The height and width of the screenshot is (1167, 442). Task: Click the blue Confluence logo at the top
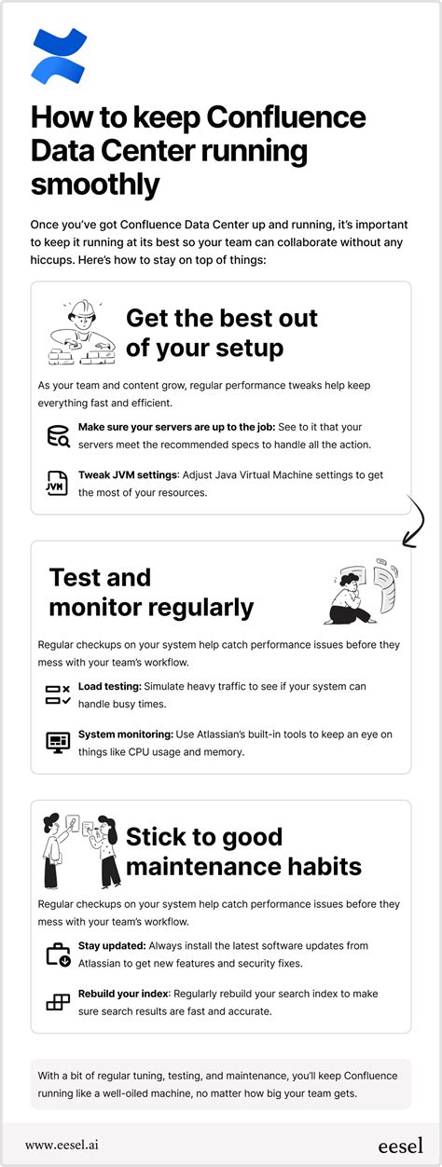[58, 56]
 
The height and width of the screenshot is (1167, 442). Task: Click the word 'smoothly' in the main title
[95, 185]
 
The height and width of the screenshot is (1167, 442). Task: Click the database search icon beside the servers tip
[58, 435]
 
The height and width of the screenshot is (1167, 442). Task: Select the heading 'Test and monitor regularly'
[151, 592]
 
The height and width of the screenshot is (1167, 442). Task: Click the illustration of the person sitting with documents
[362, 590]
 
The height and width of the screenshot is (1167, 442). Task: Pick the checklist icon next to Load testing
[58, 693]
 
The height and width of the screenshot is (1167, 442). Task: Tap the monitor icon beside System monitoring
[58, 742]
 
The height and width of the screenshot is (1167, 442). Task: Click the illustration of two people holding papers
[81, 849]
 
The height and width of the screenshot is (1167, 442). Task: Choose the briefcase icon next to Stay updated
[58, 954]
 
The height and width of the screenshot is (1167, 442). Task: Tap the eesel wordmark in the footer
[400, 1144]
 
